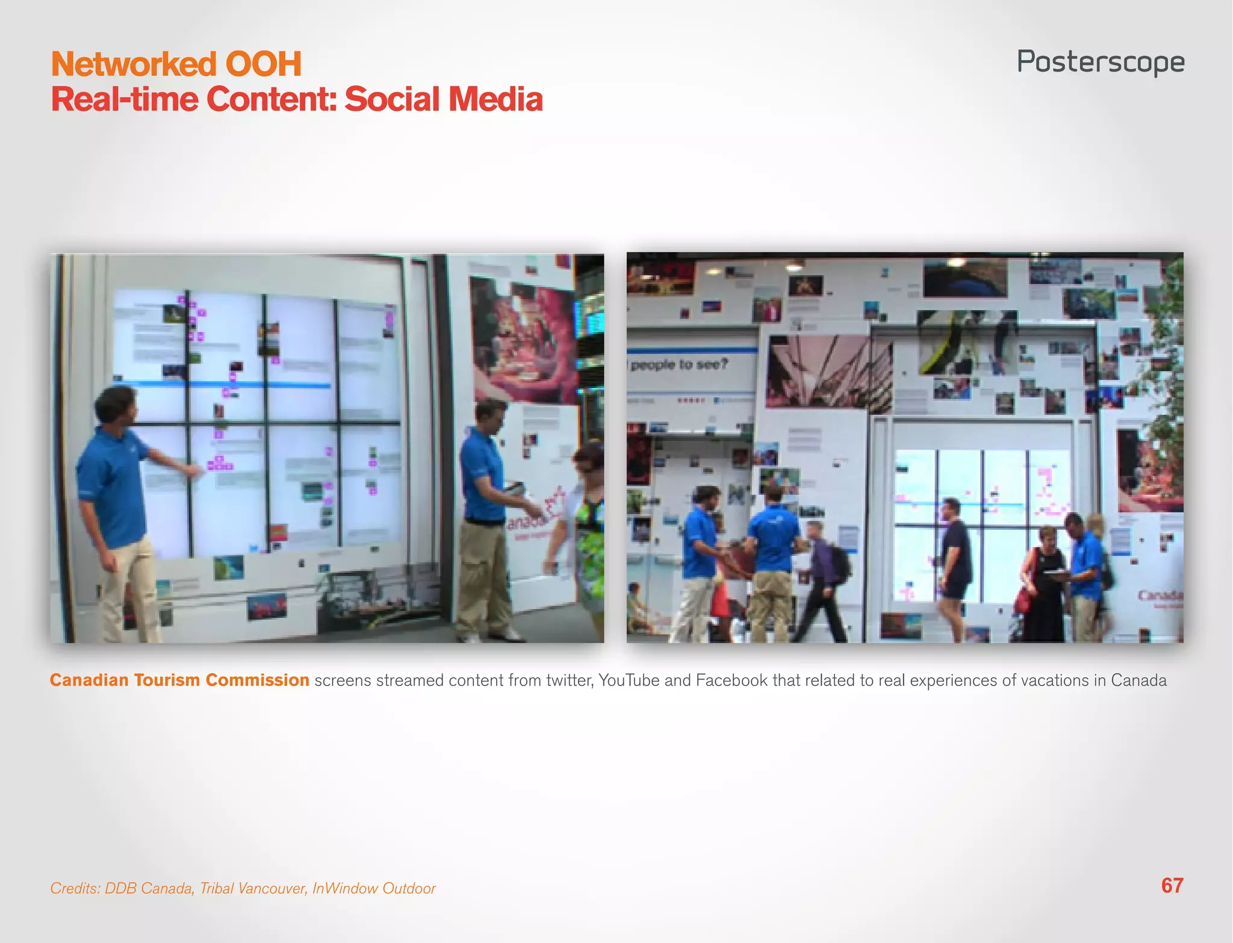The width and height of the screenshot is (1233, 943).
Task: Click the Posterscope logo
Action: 1101,63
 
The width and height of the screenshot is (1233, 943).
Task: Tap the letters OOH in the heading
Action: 263,64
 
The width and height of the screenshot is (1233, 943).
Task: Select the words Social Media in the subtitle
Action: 443,99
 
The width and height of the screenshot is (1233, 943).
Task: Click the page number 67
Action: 1172,886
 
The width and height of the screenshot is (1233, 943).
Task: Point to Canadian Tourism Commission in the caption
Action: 179,680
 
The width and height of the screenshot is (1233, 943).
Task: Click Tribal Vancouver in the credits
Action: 253,888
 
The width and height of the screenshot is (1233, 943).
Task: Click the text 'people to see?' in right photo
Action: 679,365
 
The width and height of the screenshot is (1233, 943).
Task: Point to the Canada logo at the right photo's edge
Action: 1159,596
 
